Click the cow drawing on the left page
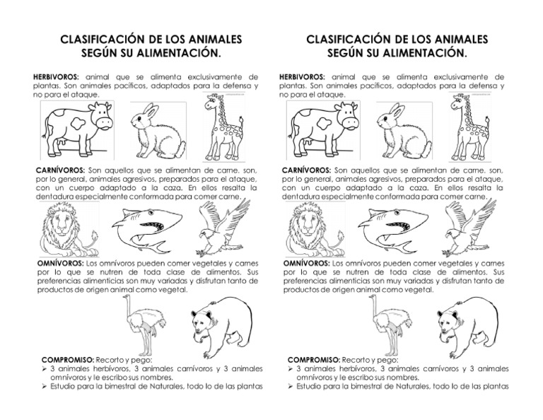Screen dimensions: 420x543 coord(77,129)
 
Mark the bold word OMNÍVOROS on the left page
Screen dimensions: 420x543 coord(57,263)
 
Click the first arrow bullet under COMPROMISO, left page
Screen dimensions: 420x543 coord(45,369)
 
